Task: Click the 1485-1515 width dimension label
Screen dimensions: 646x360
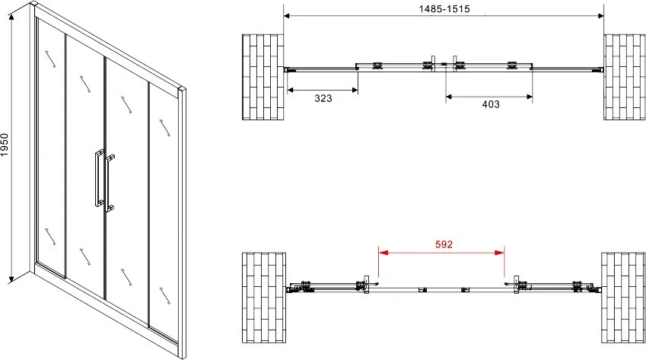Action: (444, 8)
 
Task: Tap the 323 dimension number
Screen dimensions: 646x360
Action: (323, 98)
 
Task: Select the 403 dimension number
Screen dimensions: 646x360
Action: (491, 104)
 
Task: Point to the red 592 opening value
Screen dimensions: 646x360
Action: (444, 244)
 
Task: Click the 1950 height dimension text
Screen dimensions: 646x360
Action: (5, 145)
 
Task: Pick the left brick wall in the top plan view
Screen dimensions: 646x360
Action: (263, 77)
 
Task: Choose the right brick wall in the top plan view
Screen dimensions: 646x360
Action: (625, 77)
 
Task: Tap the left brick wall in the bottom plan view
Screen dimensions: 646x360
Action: (264, 298)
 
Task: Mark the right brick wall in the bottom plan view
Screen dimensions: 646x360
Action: (623, 298)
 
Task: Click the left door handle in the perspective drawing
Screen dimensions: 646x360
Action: (99, 177)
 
